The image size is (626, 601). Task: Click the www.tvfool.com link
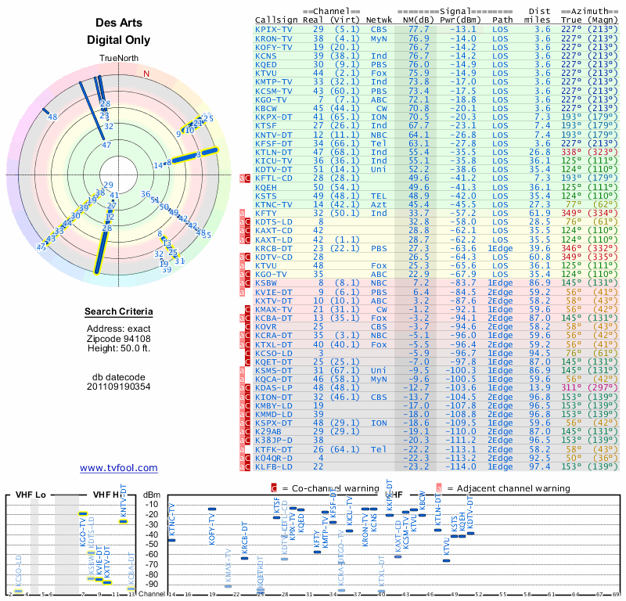119,468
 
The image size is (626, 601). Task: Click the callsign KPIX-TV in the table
274,29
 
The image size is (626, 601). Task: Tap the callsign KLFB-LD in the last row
274,466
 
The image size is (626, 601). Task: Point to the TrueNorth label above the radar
118,59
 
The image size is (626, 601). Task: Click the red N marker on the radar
146,74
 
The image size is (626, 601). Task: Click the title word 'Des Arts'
118,23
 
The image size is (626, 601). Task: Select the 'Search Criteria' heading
119,312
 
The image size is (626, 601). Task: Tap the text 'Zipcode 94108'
119,338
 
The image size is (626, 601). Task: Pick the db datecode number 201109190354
119,387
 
